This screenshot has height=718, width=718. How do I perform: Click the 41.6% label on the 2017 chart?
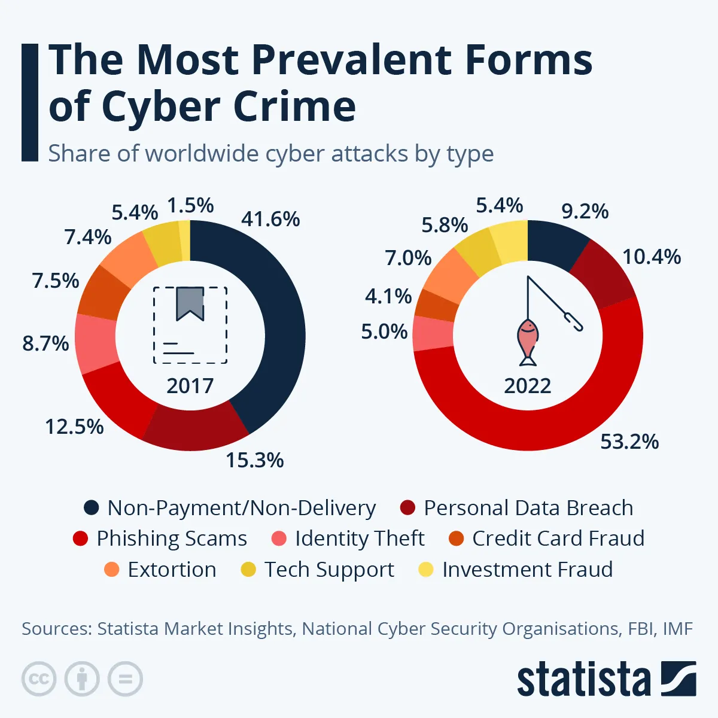(270, 219)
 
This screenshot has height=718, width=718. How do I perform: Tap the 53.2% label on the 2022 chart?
(629, 442)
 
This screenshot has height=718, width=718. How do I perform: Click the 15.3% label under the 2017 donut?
(254, 460)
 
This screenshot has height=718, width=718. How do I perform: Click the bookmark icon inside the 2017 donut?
(190, 303)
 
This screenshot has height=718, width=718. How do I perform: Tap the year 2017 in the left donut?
(190, 385)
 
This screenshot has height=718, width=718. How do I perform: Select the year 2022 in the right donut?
(527, 385)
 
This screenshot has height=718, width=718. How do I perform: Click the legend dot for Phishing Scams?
(80, 538)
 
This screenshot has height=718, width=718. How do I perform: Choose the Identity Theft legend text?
(359, 538)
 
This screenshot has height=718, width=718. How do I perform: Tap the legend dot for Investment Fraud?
(425, 570)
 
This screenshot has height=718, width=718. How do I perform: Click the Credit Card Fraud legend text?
(558, 538)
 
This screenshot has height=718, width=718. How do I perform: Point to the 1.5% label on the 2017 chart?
(190, 205)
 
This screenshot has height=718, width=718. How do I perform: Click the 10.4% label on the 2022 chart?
(652, 257)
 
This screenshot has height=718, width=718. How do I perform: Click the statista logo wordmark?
(583, 679)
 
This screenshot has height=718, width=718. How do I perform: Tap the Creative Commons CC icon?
(39, 679)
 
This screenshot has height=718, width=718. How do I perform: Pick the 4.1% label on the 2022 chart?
(388, 296)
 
